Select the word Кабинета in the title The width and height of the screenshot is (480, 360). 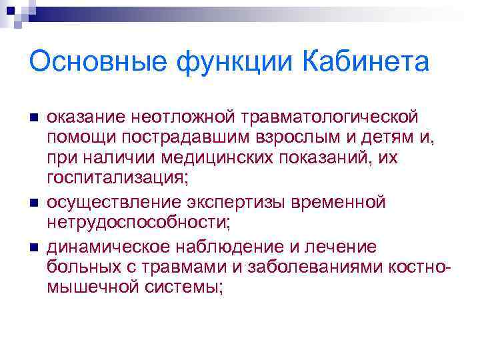point(366,63)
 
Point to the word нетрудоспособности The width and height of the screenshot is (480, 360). point(138,223)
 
